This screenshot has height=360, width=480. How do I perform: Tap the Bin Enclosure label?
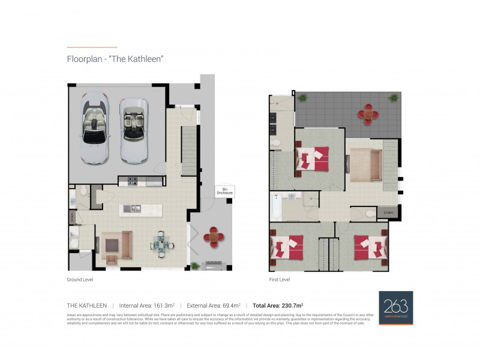221,191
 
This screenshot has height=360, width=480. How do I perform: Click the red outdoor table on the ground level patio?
214,236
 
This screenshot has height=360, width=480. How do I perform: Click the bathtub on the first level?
276,205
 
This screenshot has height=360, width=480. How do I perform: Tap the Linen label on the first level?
384,212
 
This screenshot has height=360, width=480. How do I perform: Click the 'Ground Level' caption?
80,280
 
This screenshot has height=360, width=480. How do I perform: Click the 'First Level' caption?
280,280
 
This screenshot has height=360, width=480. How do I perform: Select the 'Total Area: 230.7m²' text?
278,305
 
